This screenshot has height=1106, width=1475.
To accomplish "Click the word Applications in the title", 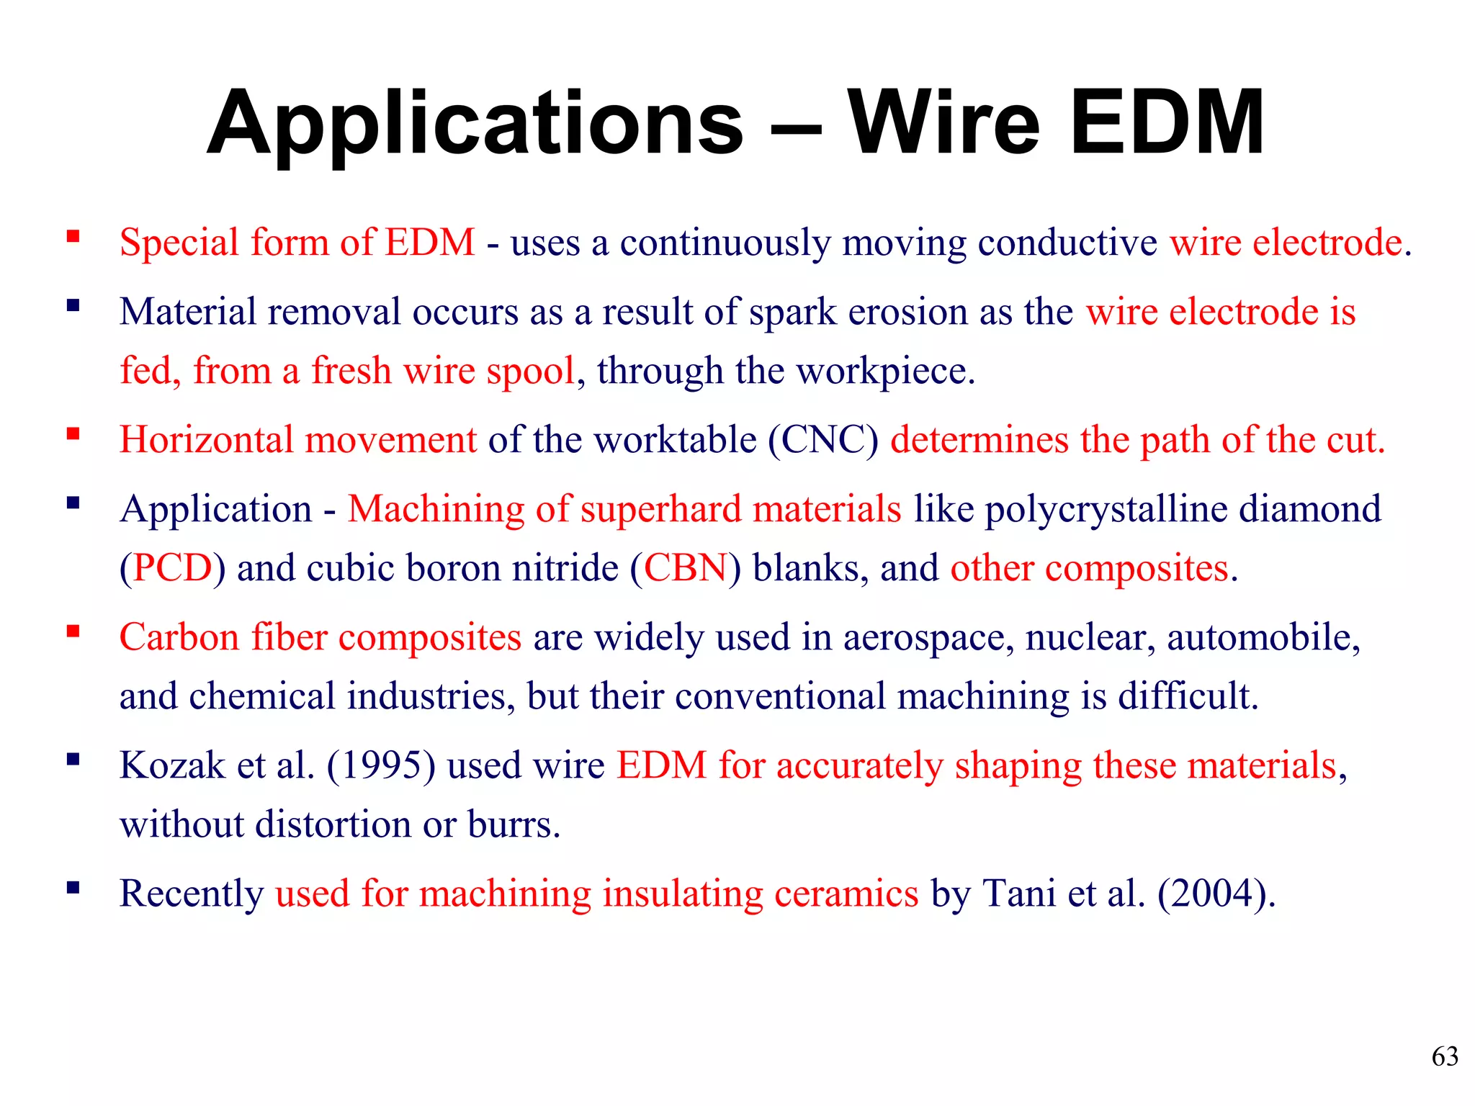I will [475, 124].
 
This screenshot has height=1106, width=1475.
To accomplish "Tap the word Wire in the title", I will [943, 124].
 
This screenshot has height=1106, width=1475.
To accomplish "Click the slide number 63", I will [1445, 1056].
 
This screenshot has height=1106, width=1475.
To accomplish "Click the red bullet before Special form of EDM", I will [73, 236].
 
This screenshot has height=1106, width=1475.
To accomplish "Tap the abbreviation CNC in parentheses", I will [822, 440].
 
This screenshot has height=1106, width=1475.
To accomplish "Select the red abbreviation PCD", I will [173, 568].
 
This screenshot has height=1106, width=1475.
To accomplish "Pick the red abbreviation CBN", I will [686, 568].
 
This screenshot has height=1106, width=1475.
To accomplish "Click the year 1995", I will [380, 765].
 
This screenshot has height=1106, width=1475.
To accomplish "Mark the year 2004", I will [1215, 894].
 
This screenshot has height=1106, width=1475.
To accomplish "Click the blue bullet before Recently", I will [73, 887].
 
